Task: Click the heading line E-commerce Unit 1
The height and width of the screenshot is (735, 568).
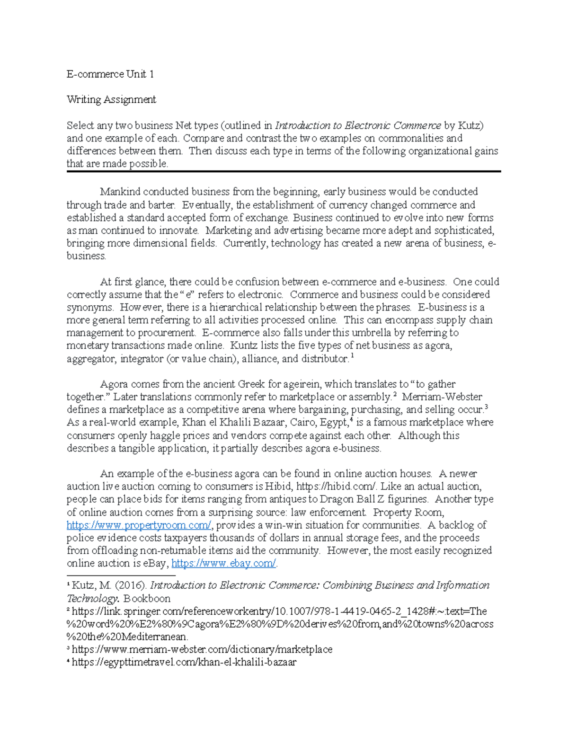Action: tap(110, 74)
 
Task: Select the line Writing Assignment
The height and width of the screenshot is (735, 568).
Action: tap(111, 100)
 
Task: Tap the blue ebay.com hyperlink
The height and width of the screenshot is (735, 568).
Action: tap(223, 564)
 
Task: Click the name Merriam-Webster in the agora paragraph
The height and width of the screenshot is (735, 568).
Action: tap(442, 397)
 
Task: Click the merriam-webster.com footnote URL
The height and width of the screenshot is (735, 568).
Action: tap(202, 650)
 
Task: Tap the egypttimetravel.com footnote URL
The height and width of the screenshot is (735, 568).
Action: tap(184, 663)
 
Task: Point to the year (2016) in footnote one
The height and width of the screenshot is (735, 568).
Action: tap(131, 586)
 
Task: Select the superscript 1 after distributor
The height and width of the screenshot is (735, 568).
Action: tap(352, 356)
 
